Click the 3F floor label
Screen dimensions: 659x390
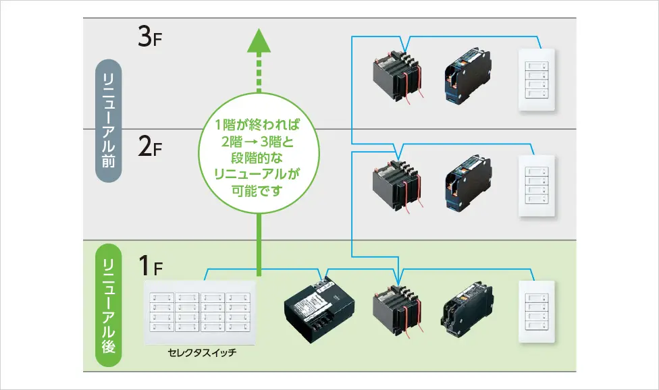pos(150,36)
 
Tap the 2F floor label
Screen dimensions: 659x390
pos(150,146)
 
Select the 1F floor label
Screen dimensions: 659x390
pos(151,266)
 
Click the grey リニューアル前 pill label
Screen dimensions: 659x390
pos(109,121)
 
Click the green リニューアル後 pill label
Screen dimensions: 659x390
pos(109,305)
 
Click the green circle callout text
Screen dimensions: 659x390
pos(257,158)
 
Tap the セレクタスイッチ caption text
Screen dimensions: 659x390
pos(202,353)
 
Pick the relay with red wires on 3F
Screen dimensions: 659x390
pos(398,76)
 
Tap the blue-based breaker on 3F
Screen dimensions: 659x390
pos(467,76)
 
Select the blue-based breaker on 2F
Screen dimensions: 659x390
pos(467,183)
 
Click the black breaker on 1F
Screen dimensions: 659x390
pos(467,310)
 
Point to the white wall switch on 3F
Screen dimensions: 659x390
pos(537,80)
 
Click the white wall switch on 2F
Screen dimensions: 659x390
pos(537,186)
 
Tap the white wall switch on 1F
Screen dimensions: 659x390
pos(537,312)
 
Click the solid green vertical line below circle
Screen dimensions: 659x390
pos(259,245)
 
